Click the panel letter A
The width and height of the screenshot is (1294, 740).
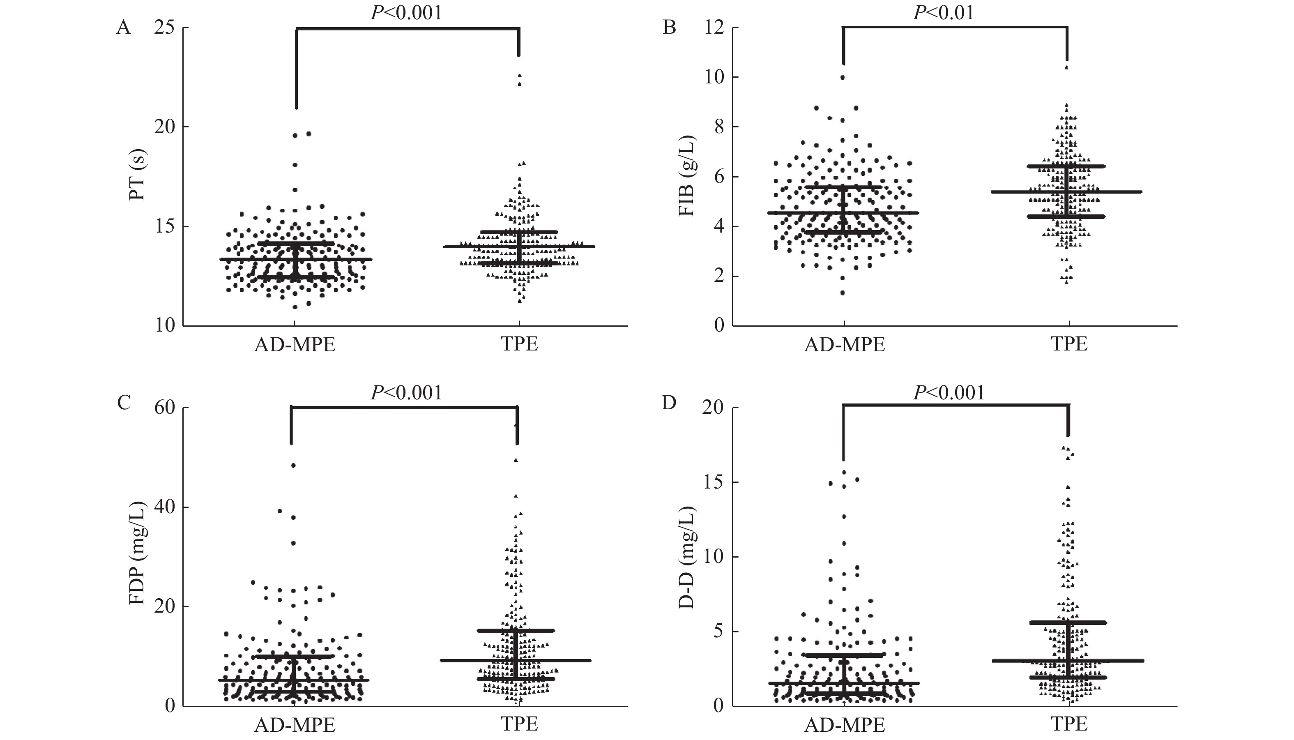[124, 28]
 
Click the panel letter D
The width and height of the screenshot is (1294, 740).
[669, 403]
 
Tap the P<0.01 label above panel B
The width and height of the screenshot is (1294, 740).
[944, 13]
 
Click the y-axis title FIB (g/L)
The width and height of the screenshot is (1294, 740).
[686, 176]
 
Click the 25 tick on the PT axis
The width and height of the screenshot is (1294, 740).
[165, 28]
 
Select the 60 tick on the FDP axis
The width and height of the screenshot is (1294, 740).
[165, 408]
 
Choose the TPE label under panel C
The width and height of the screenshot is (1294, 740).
[519, 724]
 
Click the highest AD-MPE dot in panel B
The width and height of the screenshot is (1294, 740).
[843, 77]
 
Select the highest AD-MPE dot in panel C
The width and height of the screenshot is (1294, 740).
[293, 466]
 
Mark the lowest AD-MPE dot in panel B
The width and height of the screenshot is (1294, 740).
[843, 293]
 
